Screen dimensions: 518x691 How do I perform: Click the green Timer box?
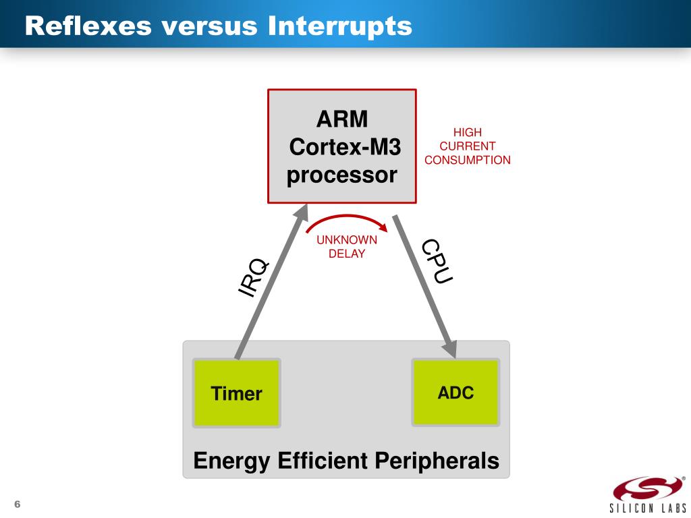(x=236, y=393)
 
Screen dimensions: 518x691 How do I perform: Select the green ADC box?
(x=455, y=392)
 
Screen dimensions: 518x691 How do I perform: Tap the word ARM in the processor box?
(x=342, y=120)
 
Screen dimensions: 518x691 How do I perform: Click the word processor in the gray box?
(x=342, y=175)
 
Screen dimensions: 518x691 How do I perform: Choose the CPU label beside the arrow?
(x=437, y=262)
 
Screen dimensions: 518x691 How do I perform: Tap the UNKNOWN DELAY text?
(x=347, y=247)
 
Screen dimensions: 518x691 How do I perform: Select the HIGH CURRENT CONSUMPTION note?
(x=467, y=146)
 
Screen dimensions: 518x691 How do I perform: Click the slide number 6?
(x=18, y=505)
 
